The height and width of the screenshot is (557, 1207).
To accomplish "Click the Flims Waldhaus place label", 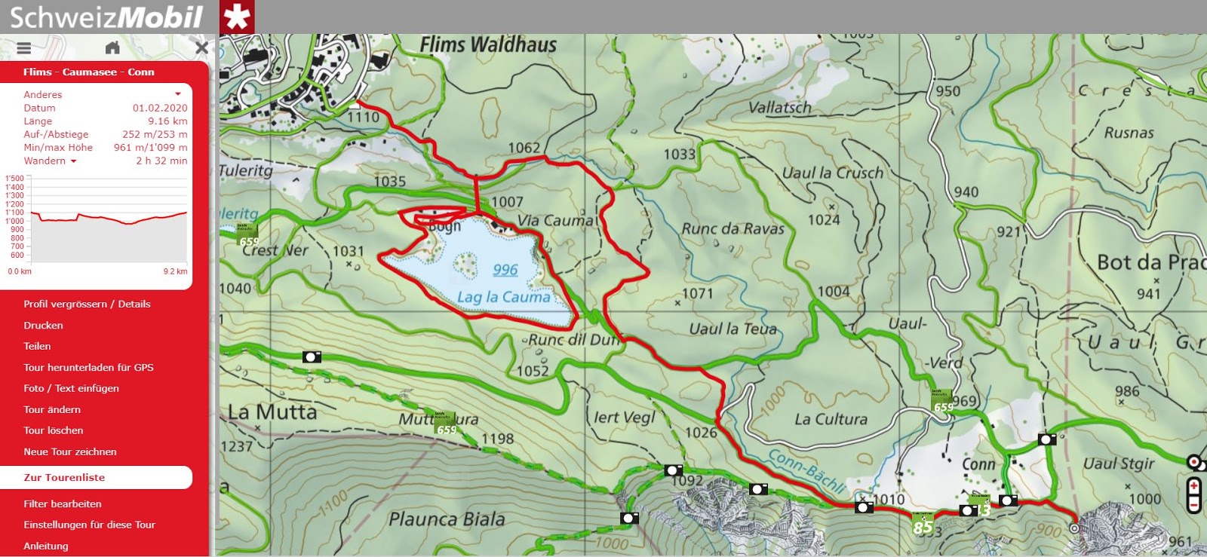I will pos(488,45).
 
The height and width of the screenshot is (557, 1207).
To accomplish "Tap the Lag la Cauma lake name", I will pos(503,297).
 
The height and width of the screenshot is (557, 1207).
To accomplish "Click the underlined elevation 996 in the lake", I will pos(505,270).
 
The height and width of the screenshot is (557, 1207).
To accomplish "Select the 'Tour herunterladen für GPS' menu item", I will pos(88,367).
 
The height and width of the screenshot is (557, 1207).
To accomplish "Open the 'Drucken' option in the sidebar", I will pos(43,326).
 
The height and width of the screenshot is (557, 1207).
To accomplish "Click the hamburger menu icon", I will pos(24,48).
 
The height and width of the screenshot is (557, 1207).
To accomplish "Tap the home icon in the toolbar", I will pos(112,48).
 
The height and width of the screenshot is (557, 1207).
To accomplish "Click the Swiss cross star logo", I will pos(237,17).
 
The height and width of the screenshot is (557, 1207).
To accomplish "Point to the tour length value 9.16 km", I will pos(167,121).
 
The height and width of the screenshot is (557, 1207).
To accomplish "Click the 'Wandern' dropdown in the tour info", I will pos(50,161).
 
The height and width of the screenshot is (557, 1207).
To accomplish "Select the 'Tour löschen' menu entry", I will pos(53,430).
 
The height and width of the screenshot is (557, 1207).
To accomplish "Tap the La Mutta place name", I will pos(272,412).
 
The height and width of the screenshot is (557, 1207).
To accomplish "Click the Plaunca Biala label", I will pos(447,519).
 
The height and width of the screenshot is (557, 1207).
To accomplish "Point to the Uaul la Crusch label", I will pos(832,173).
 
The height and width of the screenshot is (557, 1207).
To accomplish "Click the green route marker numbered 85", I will pos(923,525).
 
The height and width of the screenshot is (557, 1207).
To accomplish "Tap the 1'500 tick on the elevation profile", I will pos(14,179).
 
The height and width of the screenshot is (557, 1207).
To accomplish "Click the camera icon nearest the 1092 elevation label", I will pos(674,470).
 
